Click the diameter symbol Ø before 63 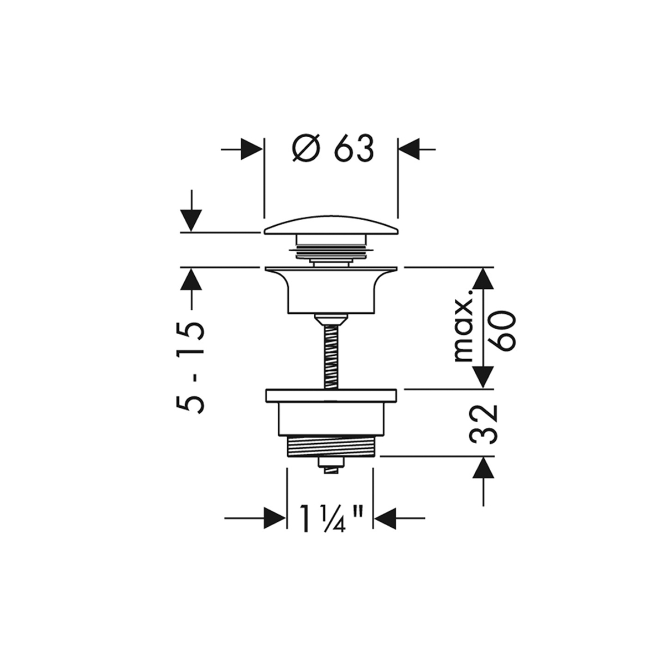[307, 148]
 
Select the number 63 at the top [355, 148]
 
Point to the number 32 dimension [484, 424]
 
